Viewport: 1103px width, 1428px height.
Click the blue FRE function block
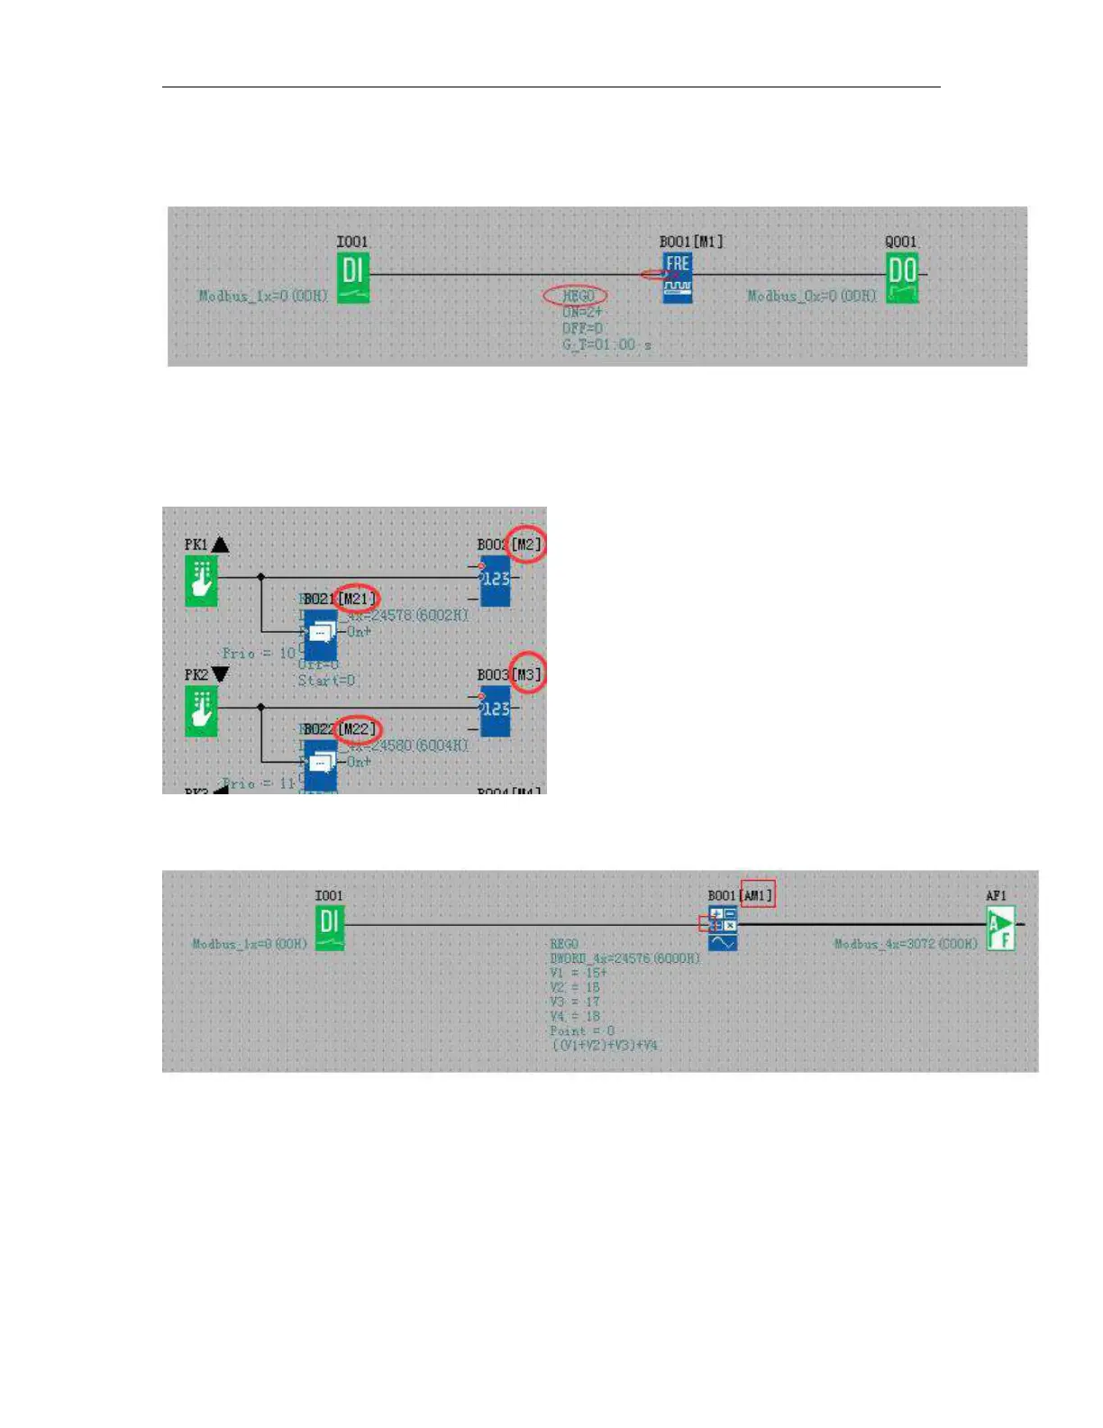678,277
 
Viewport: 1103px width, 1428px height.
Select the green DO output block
901,278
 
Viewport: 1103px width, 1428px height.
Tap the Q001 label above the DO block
900,242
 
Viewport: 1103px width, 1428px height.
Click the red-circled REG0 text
577,296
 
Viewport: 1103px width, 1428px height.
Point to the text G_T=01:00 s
606,345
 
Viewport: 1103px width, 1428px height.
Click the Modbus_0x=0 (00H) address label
811,296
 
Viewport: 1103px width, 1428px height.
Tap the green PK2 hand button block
201,710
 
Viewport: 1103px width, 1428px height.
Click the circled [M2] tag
526,545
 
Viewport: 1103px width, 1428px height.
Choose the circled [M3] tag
527,674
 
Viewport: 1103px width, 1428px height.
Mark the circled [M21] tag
357,599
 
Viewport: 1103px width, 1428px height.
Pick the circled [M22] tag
358,728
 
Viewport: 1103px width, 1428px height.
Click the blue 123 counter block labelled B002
495,581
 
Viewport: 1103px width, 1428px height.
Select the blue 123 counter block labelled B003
495,710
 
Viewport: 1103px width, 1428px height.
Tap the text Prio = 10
259,653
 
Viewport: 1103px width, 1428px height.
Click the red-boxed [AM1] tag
757,895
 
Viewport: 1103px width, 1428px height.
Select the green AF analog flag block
1000,929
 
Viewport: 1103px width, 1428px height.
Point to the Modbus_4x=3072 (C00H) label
905,944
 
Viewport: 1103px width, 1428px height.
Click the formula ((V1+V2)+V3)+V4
605,1046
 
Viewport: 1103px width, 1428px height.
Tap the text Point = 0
582,1030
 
